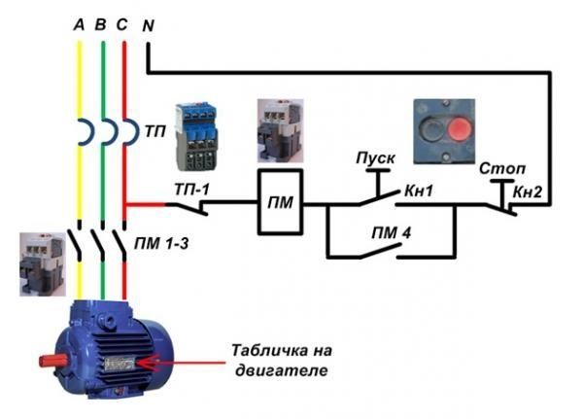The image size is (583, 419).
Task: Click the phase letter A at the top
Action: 80,25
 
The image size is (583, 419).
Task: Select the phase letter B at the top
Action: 101,25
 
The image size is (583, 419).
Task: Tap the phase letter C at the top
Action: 121,25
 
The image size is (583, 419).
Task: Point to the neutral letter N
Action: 148,25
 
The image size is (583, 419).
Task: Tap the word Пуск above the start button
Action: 374,157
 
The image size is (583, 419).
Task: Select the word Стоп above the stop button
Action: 497,168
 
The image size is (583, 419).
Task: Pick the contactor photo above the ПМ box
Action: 279,130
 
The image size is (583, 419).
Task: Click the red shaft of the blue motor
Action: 48,361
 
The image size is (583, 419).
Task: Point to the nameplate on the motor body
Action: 121,364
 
